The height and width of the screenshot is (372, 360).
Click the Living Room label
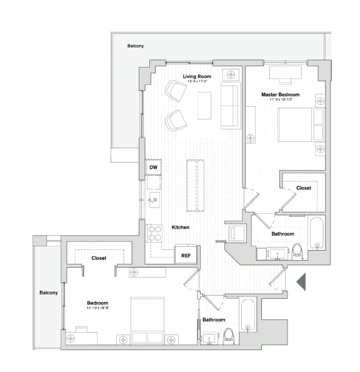[196, 77]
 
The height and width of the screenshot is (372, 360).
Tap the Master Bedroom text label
[280, 94]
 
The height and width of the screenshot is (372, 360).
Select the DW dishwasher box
[153, 168]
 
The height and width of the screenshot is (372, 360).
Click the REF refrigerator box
[186, 255]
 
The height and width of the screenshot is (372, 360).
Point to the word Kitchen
[181, 228]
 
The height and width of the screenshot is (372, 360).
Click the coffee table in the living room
[204, 105]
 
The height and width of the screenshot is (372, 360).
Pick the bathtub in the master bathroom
[316, 233]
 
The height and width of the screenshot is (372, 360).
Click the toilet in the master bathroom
[297, 251]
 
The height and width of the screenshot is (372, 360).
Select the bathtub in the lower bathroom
[247, 314]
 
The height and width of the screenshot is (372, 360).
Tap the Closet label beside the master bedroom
[304, 188]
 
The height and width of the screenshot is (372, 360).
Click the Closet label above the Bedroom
[99, 258]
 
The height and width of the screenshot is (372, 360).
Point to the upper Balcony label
[136, 46]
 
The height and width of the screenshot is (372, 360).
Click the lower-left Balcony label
[48, 293]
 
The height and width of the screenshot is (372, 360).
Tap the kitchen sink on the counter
[154, 200]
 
